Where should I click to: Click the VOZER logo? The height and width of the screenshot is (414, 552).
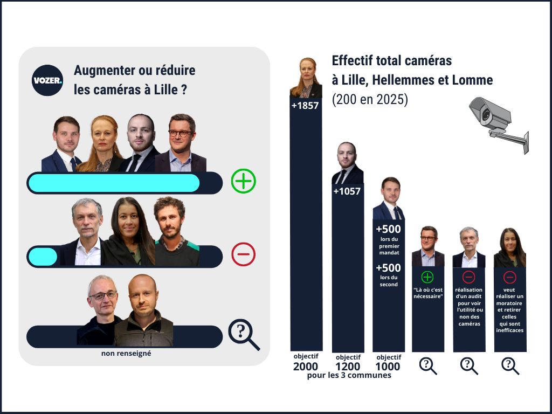[x=47, y=80]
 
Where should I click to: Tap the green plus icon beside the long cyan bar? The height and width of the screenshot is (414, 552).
[x=243, y=181]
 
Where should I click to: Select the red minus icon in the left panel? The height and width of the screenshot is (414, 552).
[x=243, y=254]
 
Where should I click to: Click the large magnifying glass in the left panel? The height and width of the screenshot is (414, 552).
[x=243, y=335]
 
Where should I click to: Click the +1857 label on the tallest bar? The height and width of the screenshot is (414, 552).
[x=305, y=106]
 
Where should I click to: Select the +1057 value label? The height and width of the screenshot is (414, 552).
[x=347, y=191]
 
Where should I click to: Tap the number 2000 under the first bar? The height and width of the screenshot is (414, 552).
[x=306, y=367]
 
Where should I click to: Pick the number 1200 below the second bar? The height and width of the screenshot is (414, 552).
[x=348, y=367]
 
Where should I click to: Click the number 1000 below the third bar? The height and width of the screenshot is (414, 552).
[x=388, y=367]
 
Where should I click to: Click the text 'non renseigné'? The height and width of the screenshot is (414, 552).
[x=126, y=354]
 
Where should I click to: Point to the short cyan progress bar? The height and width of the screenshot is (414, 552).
[x=43, y=256]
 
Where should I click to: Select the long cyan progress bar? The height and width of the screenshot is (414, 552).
[x=114, y=183]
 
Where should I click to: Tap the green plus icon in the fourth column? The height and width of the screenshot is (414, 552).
[x=427, y=277]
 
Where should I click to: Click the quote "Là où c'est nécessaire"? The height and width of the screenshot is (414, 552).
[x=428, y=293]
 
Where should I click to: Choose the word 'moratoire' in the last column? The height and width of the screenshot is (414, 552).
[x=509, y=303]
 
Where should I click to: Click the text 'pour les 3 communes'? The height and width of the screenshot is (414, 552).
[x=349, y=376]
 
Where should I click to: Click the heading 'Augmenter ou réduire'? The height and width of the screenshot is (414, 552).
[x=134, y=71]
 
